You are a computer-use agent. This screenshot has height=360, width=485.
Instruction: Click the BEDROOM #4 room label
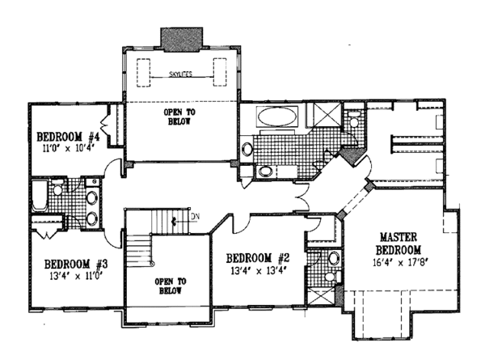(60, 137)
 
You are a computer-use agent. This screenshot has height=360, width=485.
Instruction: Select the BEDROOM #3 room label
(76, 264)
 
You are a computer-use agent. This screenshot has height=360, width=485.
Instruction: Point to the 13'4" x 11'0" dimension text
(76, 275)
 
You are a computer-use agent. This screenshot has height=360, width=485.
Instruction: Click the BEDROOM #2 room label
(258, 258)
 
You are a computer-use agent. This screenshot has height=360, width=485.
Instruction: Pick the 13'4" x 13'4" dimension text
(258, 270)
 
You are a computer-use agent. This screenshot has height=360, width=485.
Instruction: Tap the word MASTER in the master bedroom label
(399, 237)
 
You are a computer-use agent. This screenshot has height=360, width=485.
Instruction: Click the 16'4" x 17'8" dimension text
(399, 262)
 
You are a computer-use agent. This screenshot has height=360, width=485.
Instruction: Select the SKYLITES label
(181, 74)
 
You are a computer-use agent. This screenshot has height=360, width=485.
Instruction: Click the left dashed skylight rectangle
(144, 73)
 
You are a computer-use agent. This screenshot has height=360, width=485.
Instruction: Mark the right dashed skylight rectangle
(220, 72)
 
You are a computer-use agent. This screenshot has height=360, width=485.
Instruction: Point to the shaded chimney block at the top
(181, 40)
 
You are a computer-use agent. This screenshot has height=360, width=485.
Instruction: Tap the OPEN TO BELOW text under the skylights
(179, 116)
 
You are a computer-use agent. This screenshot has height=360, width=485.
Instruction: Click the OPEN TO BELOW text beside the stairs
(171, 286)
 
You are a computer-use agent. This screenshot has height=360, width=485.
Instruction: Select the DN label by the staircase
(195, 216)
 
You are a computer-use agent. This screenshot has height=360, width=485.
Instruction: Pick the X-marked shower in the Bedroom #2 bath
(322, 297)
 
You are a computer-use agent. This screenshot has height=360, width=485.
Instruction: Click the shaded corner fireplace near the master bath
(352, 156)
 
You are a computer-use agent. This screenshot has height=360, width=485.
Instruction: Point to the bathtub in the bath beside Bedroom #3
(40, 195)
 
